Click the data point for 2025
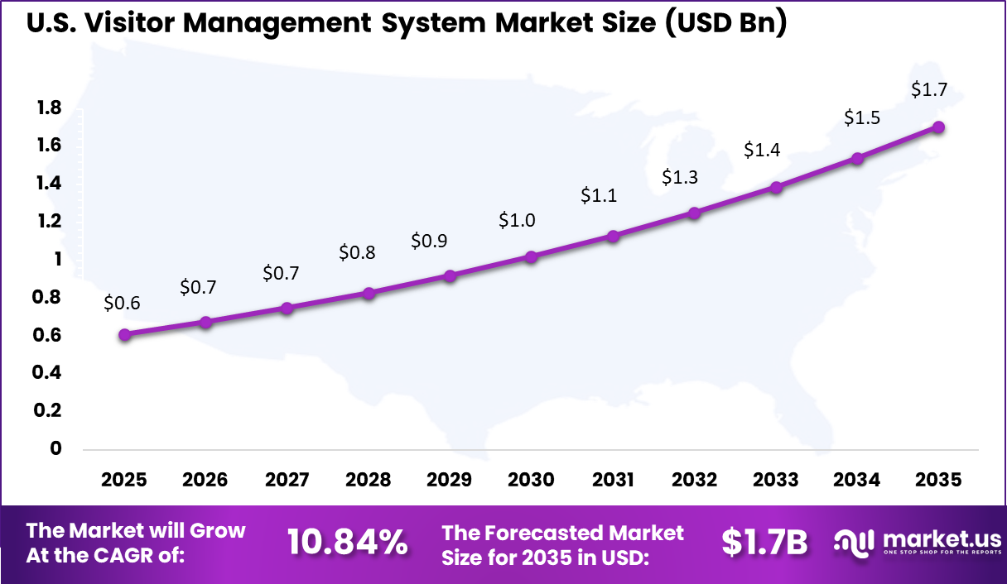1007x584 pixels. tap(124, 335)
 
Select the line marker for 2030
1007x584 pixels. tap(532, 257)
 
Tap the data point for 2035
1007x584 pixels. tap(938, 127)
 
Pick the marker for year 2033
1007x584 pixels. tap(776, 188)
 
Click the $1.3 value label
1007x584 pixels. tap(679, 177)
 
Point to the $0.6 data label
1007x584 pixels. tap(122, 304)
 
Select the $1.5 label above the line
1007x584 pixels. tap(861, 118)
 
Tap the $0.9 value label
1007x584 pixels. tap(429, 242)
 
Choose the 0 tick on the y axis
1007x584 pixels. tap(56, 448)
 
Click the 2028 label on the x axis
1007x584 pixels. tap(368, 480)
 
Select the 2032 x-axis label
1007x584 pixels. tap(694, 480)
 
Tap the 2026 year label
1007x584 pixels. tap(205, 480)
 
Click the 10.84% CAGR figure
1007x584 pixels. tap(347, 543)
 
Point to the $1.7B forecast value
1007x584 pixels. tap(764, 543)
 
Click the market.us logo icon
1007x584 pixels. tap(853, 543)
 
